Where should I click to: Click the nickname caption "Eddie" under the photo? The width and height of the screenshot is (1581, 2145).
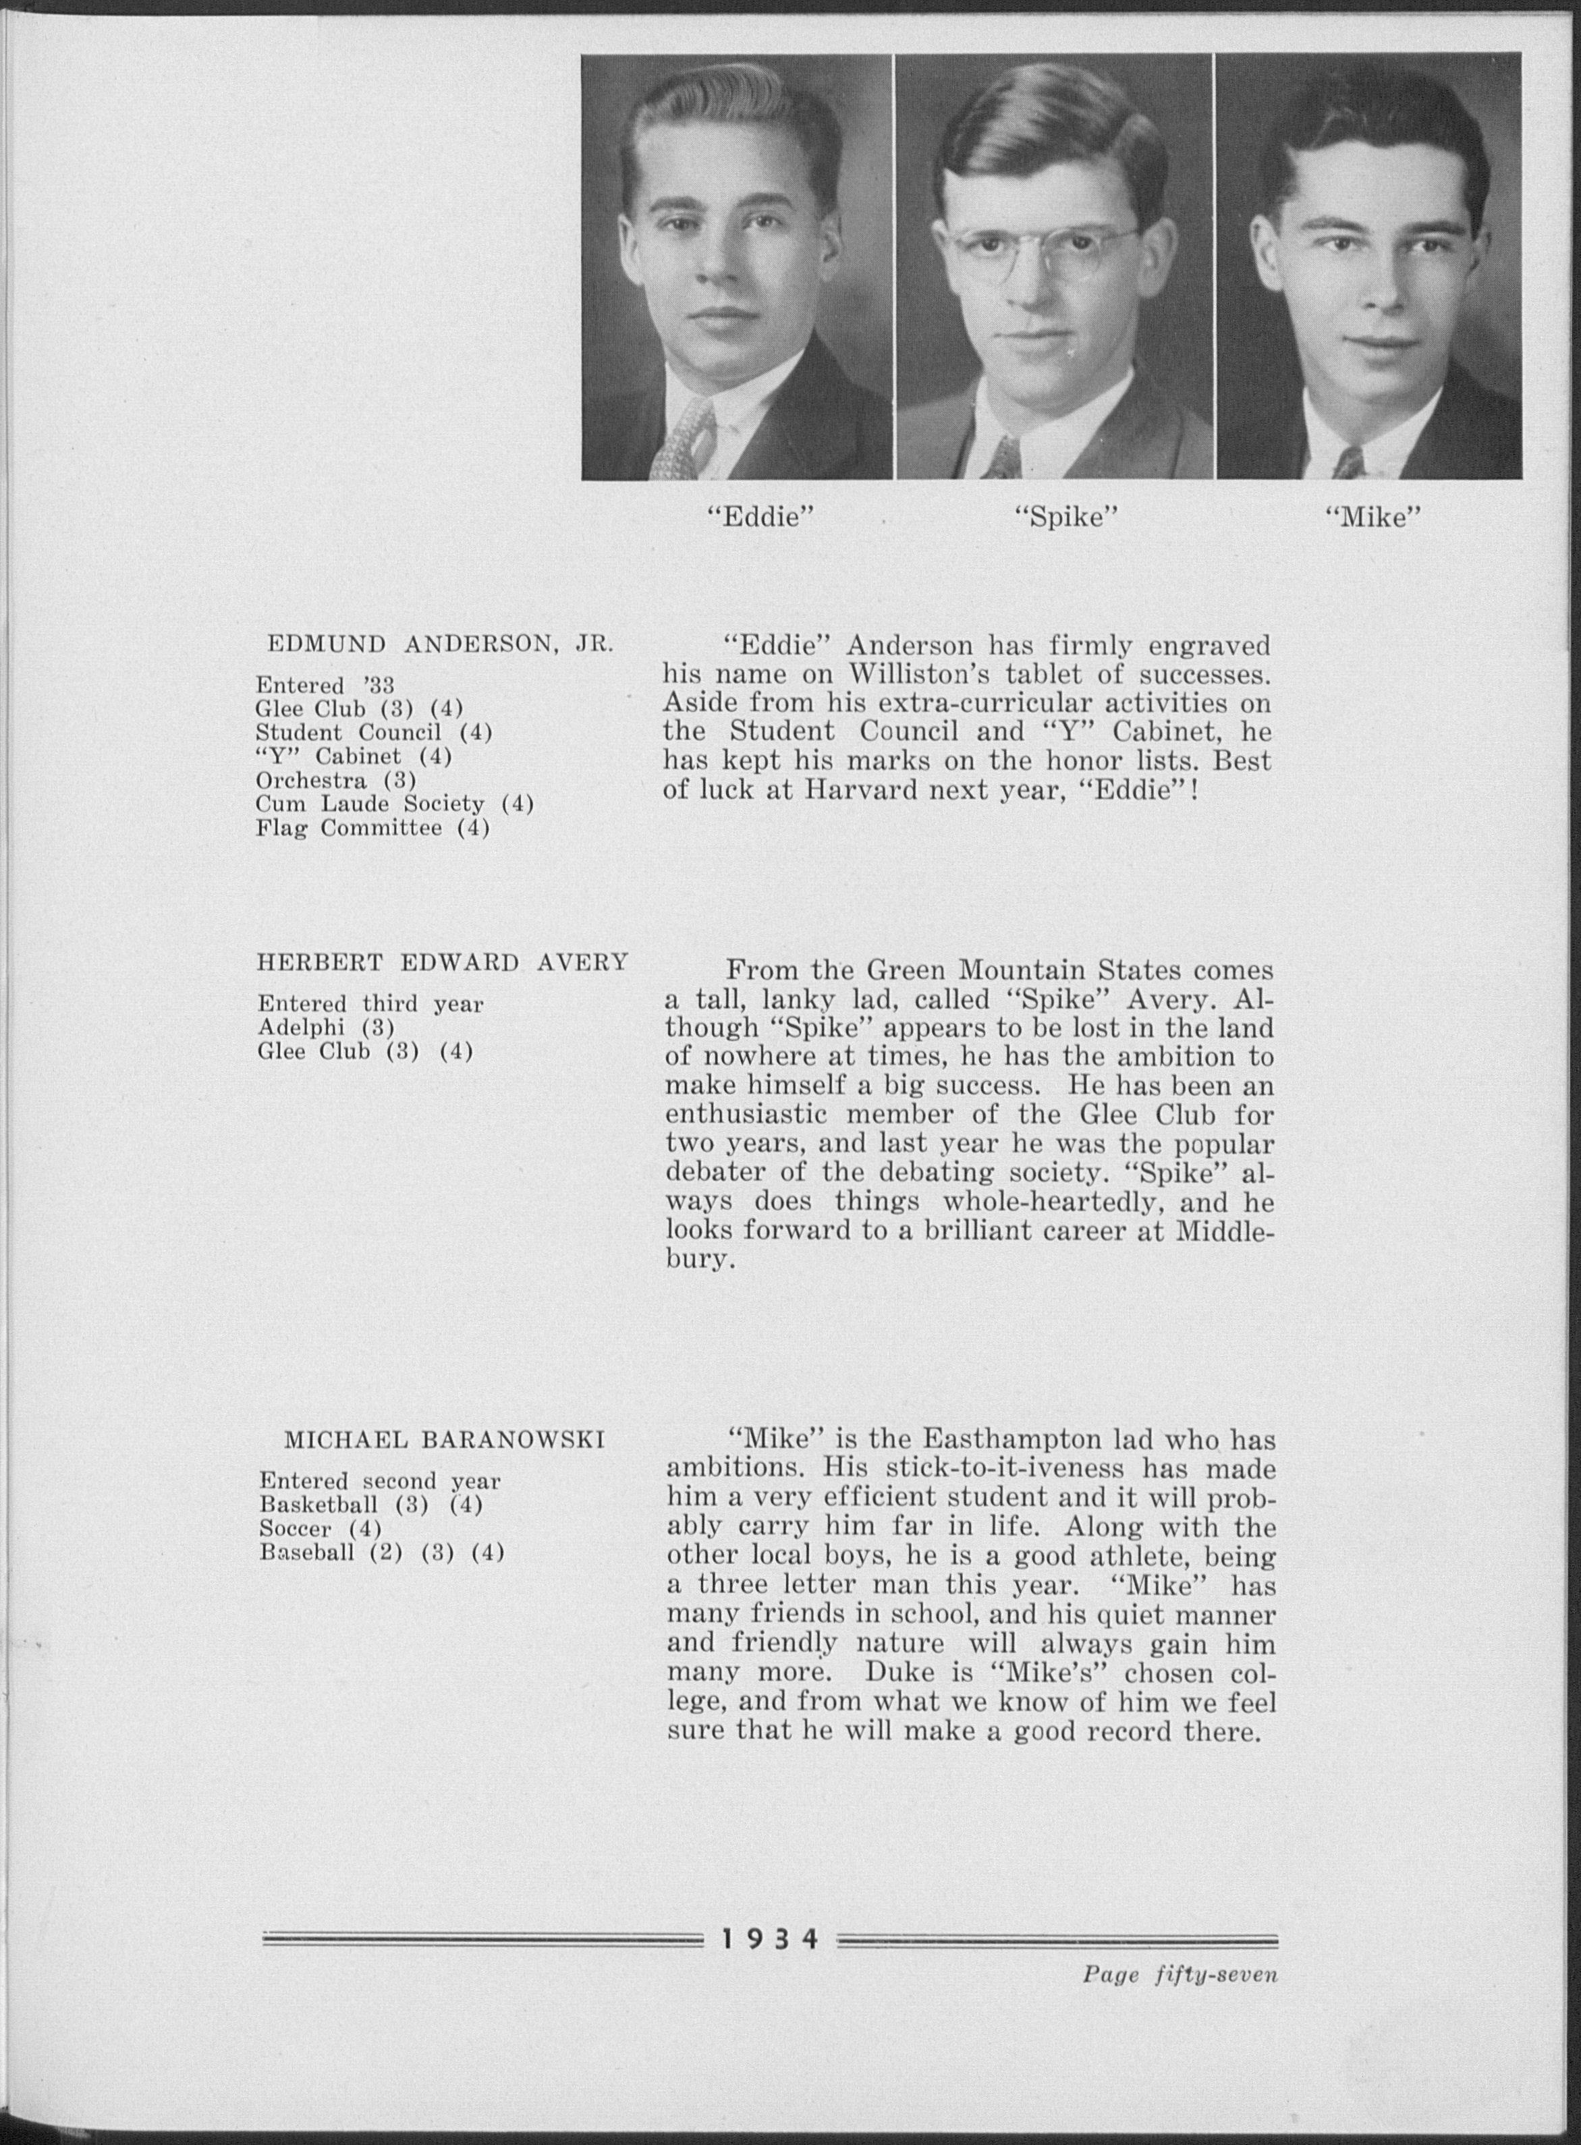[x=759, y=519]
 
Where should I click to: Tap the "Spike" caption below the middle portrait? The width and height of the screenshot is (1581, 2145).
[x=1065, y=519]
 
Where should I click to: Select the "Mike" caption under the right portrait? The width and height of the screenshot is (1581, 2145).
[x=1372, y=519]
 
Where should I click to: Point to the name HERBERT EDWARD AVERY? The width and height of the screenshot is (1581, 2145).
[x=442, y=962]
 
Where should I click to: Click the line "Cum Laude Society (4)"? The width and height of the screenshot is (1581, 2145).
[x=394, y=804]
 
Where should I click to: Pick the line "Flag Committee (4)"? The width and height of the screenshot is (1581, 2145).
[x=372, y=829]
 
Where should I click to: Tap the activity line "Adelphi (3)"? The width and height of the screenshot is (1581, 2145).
[x=327, y=1028]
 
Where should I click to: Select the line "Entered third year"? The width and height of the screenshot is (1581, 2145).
[x=370, y=1005]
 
